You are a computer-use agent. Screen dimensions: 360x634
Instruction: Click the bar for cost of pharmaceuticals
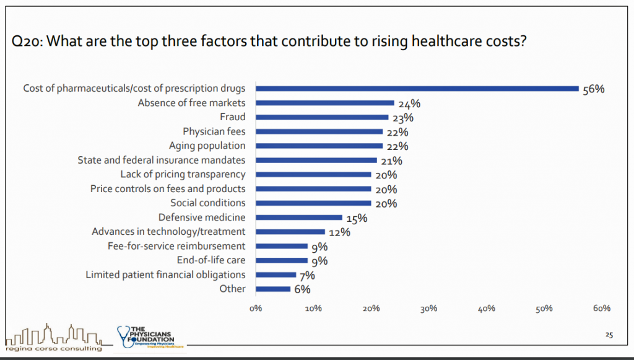pos(417,89)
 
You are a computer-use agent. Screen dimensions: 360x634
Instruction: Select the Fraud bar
pos(322,117)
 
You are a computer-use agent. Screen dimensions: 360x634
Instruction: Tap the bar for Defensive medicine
pos(298,217)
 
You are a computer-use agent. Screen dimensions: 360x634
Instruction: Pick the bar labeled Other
pos(272,289)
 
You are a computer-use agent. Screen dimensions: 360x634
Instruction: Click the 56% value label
pos(593,89)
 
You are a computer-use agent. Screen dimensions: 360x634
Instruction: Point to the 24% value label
pos(410,103)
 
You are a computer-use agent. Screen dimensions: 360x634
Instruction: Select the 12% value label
pos(340,232)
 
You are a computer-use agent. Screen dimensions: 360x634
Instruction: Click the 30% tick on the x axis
pos(428,308)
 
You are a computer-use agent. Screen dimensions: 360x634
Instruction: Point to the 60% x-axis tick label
pos(602,308)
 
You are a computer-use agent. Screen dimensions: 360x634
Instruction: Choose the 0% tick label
pos(255,308)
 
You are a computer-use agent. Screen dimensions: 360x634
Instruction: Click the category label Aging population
pos(207,146)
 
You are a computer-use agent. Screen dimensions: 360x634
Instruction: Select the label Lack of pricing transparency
pos(183,174)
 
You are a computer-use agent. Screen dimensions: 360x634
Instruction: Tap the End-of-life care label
pos(211,260)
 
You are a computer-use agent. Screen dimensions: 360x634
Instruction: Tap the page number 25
pos(609,335)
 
